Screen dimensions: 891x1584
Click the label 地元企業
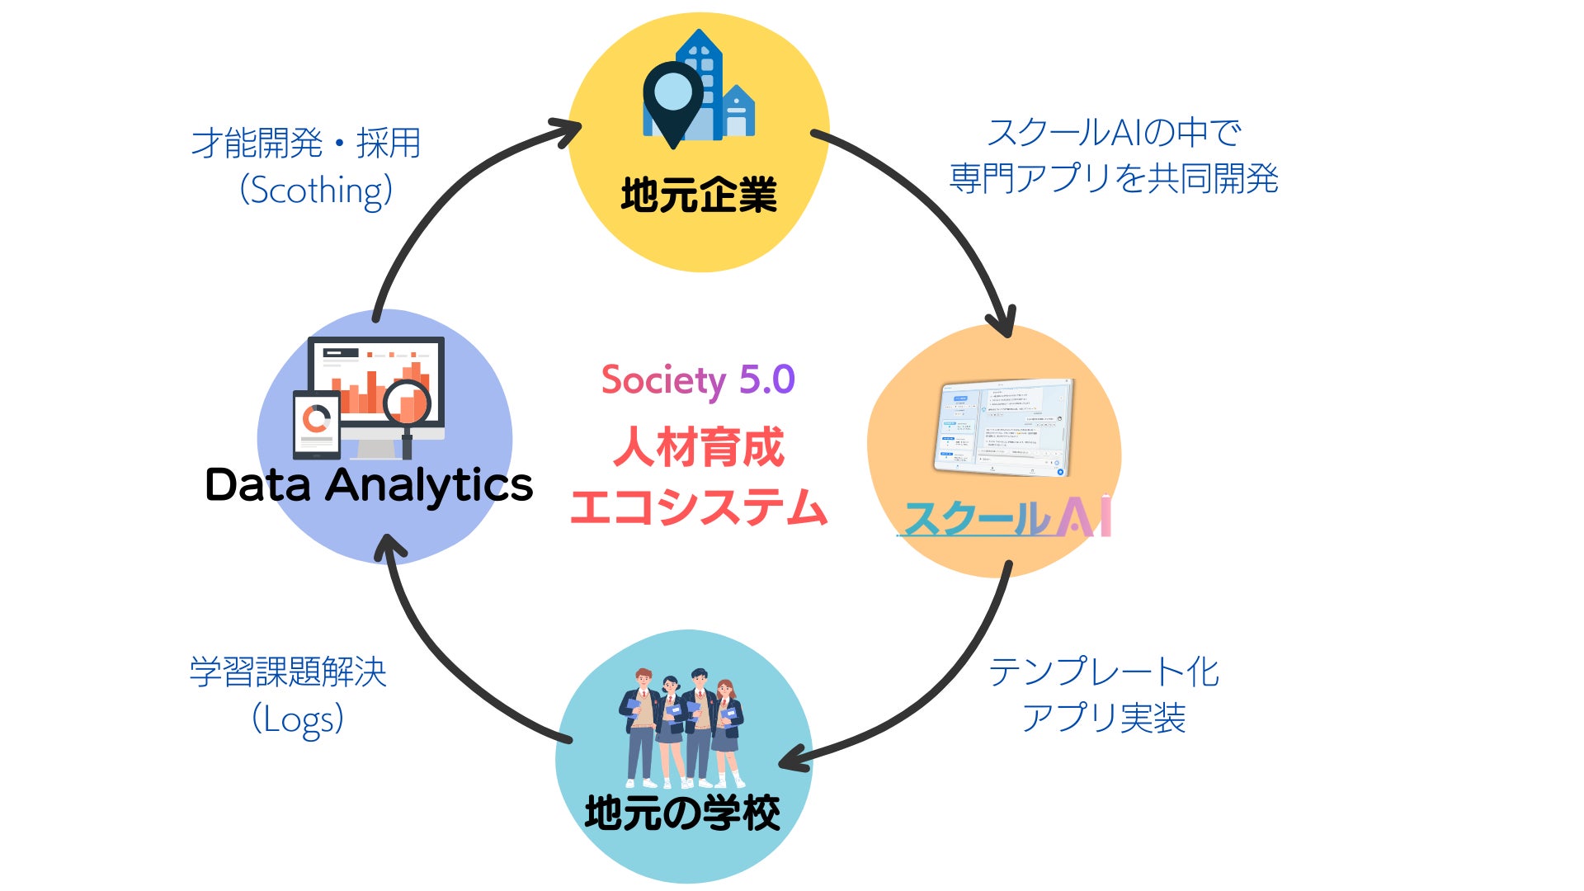pyautogui.click(x=699, y=196)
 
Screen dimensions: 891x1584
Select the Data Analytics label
pyautogui.click(x=369, y=485)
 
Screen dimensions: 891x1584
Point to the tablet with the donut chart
pyautogui.click(x=316, y=423)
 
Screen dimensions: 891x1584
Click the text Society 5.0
pyautogui.click(x=698, y=380)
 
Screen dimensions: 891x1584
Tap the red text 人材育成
pyautogui.click(x=698, y=448)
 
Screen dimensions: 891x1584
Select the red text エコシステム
pyautogui.click(x=698, y=507)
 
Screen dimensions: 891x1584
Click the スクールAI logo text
pyautogui.click(x=1007, y=518)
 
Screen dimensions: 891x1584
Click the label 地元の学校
pyautogui.click(x=682, y=813)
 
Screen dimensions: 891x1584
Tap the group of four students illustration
pyautogui.click(x=682, y=726)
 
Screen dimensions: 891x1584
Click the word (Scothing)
pyautogui.click(x=316, y=191)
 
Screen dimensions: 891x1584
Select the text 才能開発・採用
pyautogui.click(x=306, y=144)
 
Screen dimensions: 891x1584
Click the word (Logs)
pyautogui.click(x=298, y=719)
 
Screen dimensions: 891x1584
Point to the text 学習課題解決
pyautogui.click(x=288, y=672)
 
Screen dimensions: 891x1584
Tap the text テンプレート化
pyautogui.click(x=1104, y=672)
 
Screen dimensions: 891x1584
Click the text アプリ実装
pyautogui.click(x=1104, y=718)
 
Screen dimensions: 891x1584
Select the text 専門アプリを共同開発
pyautogui.click(x=1114, y=179)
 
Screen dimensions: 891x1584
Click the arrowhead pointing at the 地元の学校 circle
pyautogui.click(x=793, y=761)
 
